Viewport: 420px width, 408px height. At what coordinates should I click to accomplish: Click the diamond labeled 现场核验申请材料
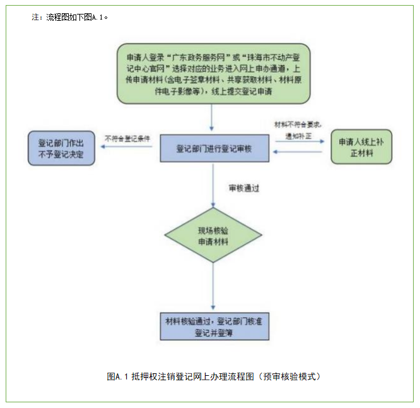click(213, 236)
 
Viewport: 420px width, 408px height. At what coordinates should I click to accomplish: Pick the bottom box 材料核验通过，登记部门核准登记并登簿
click(214, 326)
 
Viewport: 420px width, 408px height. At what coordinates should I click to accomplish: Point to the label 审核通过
click(245, 187)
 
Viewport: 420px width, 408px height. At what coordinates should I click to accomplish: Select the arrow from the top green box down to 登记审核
click(213, 119)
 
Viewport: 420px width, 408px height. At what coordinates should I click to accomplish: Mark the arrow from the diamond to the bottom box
click(213, 287)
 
